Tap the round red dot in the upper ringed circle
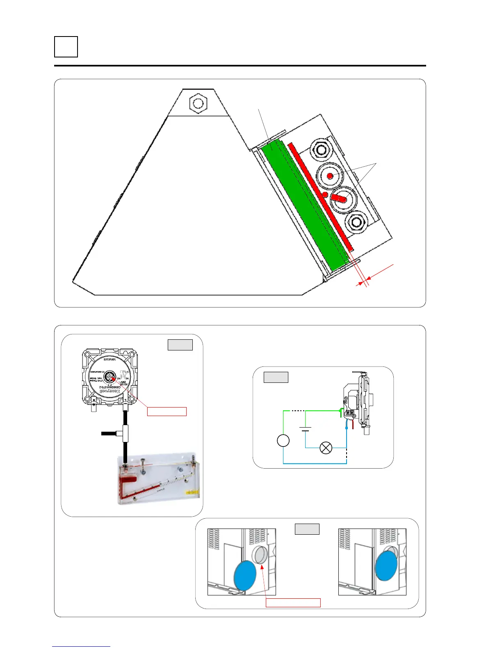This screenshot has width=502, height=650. click(330, 176)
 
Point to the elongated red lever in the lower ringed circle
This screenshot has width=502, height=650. click(340, 198)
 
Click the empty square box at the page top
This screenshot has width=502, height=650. click(66, 47)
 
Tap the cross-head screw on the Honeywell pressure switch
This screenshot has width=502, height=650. click(110, 377)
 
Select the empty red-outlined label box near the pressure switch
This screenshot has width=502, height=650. click(167, 411)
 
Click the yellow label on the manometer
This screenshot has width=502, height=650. click(192, 491)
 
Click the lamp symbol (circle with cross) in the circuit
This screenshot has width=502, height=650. click(326, 448)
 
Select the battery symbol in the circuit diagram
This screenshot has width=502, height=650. click(305, 429)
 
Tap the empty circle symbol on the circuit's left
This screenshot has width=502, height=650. click(283, 440)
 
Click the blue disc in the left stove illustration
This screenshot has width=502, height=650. click(245, 576)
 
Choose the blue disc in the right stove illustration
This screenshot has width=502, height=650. click(386, 565)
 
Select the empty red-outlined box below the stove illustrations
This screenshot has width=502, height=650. click(293, 602)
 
